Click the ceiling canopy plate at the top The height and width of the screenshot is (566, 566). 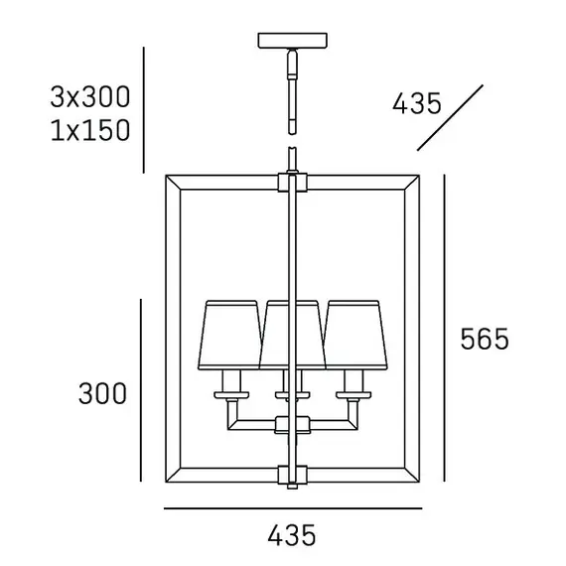tap(292, 40)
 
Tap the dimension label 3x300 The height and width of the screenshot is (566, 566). tap(90, 97)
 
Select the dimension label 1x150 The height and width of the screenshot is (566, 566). tap(90, 130)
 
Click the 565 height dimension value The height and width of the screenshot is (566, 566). tap(485, 339)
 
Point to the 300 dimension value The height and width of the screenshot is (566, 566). tap(102, 393)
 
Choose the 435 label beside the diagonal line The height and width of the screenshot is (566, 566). tap(417, 103)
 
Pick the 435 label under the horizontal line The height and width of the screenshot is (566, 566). tap(292, 535)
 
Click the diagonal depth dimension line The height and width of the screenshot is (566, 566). tap(450, 118)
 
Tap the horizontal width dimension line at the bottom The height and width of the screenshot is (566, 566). tap(293, 508)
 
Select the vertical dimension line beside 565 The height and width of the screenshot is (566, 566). tap(444, 328)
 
